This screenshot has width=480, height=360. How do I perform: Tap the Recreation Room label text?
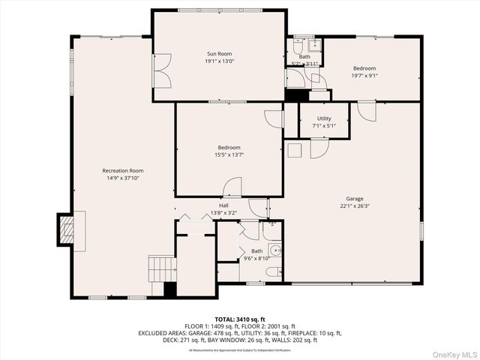[122, 171]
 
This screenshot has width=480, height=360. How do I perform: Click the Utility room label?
[324, 118]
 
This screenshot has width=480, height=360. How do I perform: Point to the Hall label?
[223, 205]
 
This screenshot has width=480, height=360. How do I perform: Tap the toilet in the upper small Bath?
[298, 46]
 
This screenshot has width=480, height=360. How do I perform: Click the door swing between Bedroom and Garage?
[366, 111]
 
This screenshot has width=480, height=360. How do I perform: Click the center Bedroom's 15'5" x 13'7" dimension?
[229, 154]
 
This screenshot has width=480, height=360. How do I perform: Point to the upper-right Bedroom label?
[364, 68]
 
